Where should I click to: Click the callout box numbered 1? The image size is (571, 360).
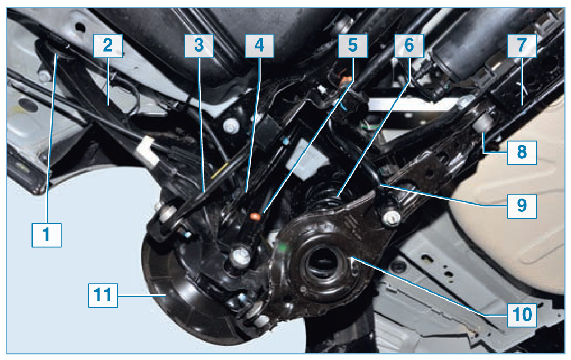[47, 235]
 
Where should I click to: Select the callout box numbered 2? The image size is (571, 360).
[108, 46]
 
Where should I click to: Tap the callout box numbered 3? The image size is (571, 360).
[199, 46]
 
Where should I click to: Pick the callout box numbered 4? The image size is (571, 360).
[259, 46]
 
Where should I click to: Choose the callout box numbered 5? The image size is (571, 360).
[353, 46]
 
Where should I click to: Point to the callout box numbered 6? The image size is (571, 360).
[409, 46]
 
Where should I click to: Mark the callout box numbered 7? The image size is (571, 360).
[522, 46]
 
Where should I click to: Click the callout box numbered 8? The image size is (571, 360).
[522, 153]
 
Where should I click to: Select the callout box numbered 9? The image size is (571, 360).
[522, 206]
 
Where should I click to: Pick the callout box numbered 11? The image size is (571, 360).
[103, 295]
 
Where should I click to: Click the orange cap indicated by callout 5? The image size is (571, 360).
[255, 217]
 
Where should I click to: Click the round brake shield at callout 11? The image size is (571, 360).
[171, 295]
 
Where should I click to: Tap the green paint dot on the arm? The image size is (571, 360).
[282, 247]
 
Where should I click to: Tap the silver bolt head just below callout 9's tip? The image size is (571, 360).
[391, 218]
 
